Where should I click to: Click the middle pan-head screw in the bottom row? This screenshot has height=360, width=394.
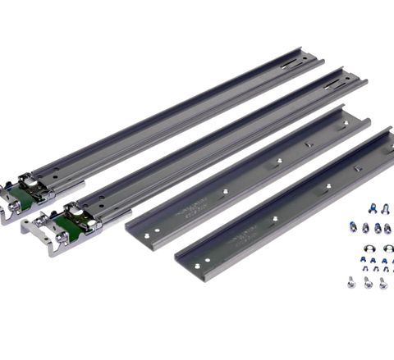tap(368, 284)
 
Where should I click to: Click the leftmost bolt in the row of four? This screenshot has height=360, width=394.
tap(353, 227)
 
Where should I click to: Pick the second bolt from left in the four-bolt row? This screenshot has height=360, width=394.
tap(365, 228)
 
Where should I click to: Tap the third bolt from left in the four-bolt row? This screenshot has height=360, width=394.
tap(378, 228)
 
